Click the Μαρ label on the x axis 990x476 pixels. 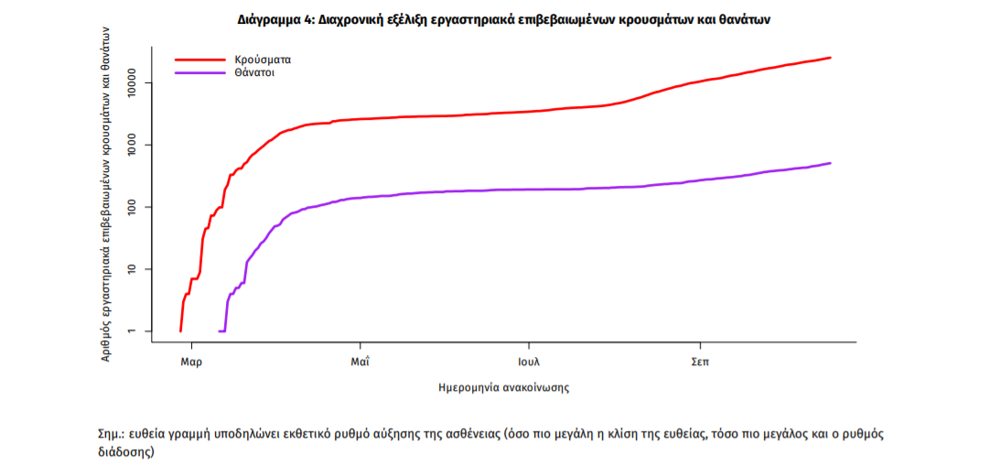tap(191, 362)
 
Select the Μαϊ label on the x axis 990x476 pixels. tap(360, 362)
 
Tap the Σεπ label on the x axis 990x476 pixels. tap(699, 362)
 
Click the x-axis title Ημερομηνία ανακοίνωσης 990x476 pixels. tap(504, 387)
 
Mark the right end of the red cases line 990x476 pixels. tap(830, 58)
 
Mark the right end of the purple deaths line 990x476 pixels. tap(830, 163)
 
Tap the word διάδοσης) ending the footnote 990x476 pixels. tap(125, 452)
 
